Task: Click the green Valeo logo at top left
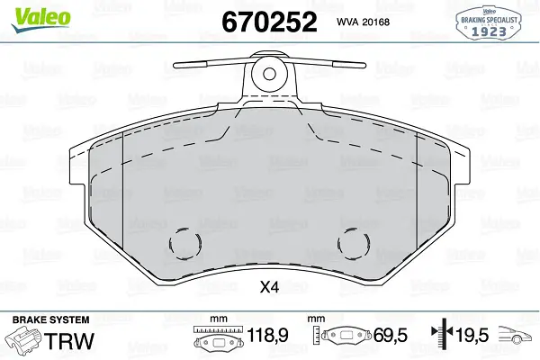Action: (x=40, y=20)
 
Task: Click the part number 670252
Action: (x=269, y=22)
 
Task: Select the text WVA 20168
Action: (x=363, y=22)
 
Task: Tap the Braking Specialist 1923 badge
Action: (x=489, y=22)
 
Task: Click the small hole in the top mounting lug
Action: (x=269, y=74)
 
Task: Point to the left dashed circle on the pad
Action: (x=184, y=243)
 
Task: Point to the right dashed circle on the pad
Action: (x=354, y=243)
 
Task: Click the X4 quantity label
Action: (x=269, y=287)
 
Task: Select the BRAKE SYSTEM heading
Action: (x=50, y=319)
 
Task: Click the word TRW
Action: (x=70, y=341)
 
